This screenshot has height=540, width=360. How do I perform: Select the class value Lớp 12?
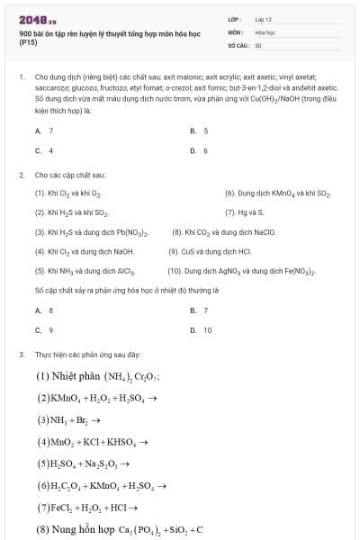(263, 19)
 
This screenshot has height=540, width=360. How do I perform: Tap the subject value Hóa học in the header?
(264, 31)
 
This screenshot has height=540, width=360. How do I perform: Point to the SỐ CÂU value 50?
(257, 43)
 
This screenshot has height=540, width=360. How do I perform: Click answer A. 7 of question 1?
(44, 130)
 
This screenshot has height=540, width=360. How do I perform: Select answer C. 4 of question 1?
(44, 150)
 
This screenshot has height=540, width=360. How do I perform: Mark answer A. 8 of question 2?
(44, 310)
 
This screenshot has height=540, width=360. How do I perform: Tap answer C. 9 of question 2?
(44, 330)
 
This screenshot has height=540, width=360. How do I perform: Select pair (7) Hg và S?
(241, 212)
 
